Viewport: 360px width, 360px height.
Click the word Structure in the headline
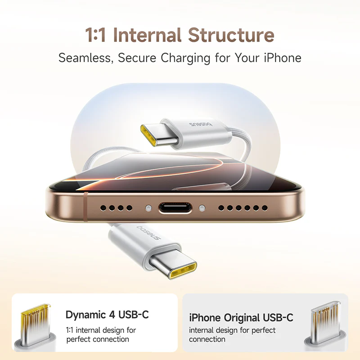(231, 35)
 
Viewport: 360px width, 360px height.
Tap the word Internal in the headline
(148, 35)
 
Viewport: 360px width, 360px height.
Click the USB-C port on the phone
(175, 208)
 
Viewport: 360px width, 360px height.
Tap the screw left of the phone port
(149, 208)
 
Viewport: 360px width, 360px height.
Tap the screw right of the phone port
(202, 208)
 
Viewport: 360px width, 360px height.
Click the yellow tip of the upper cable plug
(148, 135)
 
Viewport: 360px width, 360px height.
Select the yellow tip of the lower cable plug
(183, 271)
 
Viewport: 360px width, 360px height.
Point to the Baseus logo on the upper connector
(200, 125)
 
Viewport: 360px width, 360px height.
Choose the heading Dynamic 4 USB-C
(107, 315)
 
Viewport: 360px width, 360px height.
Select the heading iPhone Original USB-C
(241, 318)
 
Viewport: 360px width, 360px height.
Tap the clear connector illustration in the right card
(325, 326)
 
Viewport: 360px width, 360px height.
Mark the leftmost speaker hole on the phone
(103, 208)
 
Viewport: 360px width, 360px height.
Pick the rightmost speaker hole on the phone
(265, 208)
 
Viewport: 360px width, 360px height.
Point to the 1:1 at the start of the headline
(95, 35)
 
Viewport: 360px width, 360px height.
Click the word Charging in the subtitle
(185, 58)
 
